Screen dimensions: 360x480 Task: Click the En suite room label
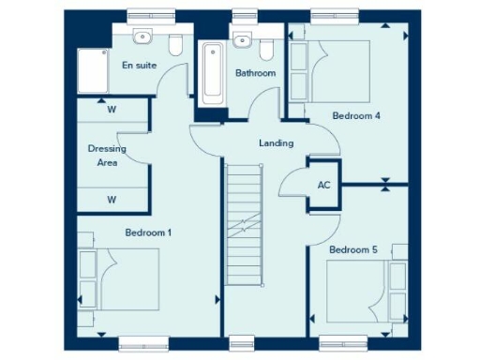tap(139, 66)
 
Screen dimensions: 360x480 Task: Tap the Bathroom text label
tap(255, 73)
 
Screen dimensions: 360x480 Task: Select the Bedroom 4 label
tap(356, 116)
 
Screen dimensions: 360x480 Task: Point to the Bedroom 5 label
tap(352, 250)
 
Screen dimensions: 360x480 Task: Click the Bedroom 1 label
tap(148, 232)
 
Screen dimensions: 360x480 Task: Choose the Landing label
tap(277, 143)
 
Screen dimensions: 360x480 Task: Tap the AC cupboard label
tap(324, 185)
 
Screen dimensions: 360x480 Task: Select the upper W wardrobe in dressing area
tap(112, 110)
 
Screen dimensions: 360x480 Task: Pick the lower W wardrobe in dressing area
tap(112, 199)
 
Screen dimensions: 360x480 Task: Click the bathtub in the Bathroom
tap(211, 73)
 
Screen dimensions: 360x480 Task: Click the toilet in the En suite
tap(174, 43)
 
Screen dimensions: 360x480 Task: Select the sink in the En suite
tap(142, 38)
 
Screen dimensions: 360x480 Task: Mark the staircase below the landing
tap(247, 244)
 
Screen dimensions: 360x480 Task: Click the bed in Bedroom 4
tap(338, 70)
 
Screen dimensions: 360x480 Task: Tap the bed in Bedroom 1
tap(122, 278)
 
